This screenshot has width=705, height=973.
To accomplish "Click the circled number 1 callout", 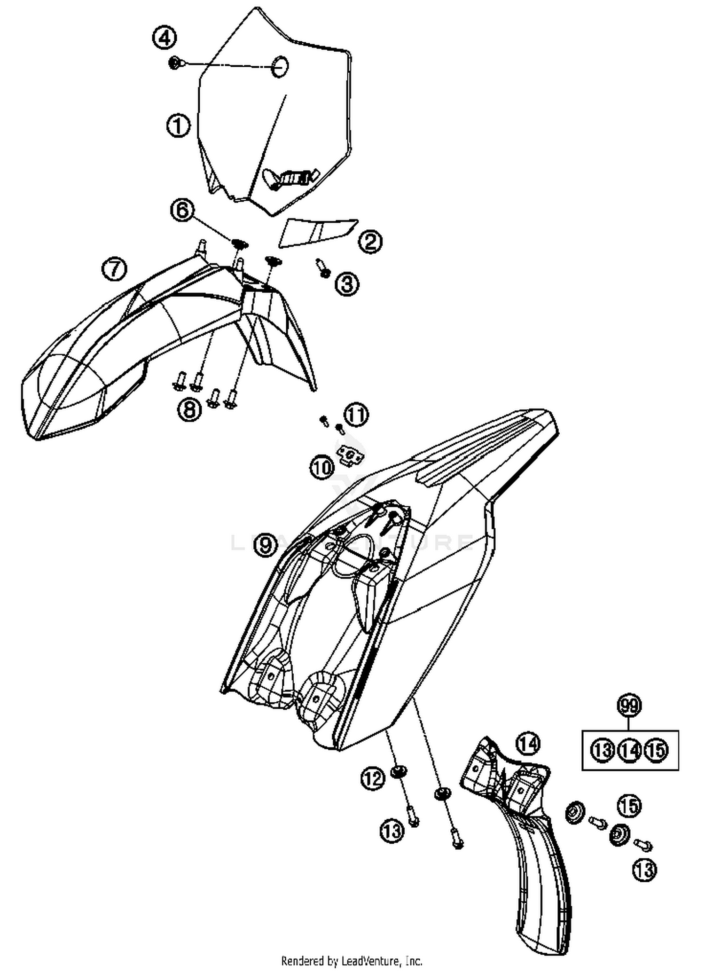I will (178, 126).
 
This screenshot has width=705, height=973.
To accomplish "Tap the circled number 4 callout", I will (164, 38).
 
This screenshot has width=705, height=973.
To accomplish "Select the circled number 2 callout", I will (370, 242).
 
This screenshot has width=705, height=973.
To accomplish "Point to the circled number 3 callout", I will (347, 284).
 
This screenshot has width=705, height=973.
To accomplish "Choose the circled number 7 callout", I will (114, 270).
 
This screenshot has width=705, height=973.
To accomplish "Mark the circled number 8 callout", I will (189, 409).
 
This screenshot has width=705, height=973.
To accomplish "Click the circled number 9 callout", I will (266, 545).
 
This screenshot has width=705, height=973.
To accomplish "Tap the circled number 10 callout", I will (322, 468).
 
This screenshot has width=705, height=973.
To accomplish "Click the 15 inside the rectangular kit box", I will (656, 750).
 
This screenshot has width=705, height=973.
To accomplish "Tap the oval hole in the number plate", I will (280, 66).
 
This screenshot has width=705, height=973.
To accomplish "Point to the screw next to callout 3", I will (323, 268).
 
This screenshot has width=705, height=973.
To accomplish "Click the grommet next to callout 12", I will (399, 771).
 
